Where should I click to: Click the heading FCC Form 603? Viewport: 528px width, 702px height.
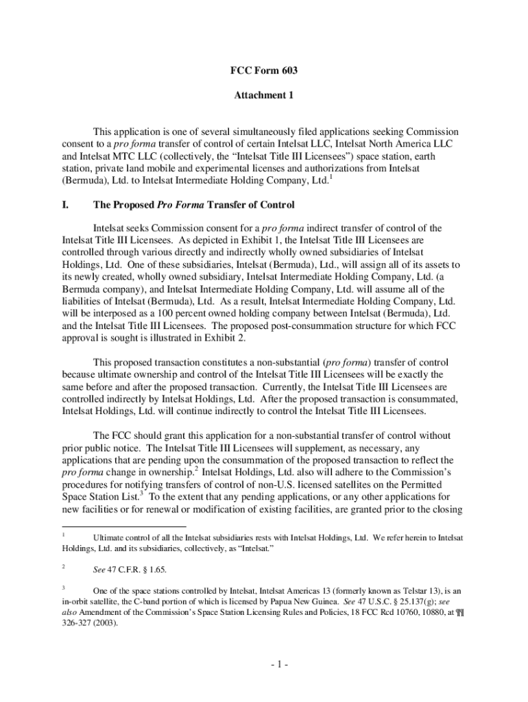point(263,71)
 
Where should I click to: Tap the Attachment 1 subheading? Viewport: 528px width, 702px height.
point(263,96)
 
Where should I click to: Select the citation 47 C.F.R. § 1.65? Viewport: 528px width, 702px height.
point(141,569)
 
